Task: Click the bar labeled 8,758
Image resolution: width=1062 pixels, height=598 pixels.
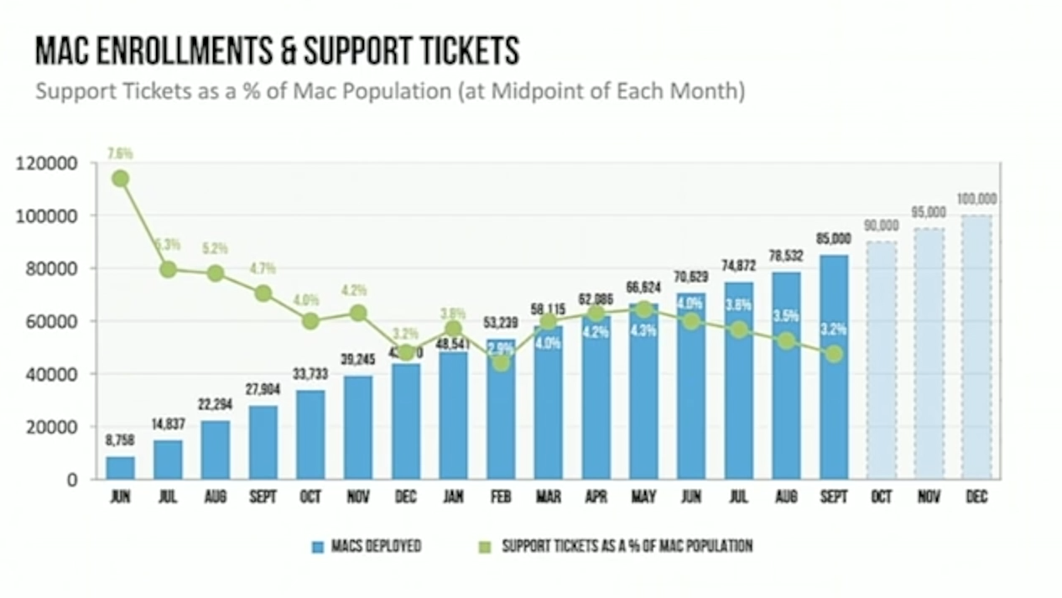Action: [120, 467]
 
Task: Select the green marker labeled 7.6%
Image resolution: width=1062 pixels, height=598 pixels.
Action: [120, 179]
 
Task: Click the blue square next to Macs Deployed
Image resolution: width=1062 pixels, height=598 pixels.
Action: [317, 547]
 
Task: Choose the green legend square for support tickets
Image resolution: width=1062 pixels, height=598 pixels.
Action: [483, 547]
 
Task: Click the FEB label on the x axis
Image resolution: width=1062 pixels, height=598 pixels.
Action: [501, 497]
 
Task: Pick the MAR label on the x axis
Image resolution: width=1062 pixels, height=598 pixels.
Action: [548, 497]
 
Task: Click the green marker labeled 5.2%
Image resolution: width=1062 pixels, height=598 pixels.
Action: [216, 273]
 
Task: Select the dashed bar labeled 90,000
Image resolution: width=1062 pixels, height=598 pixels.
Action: [881, 361]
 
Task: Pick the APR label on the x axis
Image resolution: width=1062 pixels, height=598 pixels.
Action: [596, 497]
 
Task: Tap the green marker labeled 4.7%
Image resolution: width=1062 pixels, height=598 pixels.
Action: [263, 294]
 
